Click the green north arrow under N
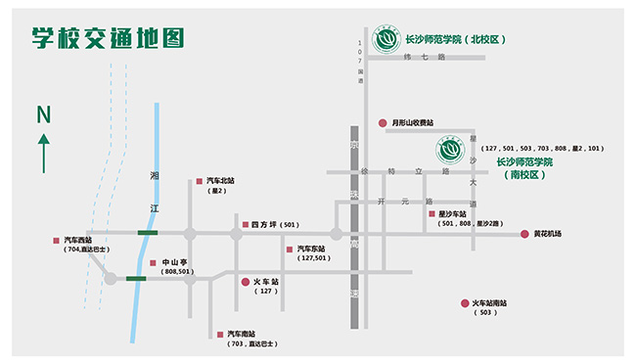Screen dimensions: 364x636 pyautogui.click(x=43, y=154)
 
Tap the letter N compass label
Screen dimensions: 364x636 pyautogui.click(x=43, y=115)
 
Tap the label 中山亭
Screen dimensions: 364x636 pyautogui.click(x=174, y=262)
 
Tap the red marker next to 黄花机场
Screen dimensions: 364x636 pyautogui.click(x=524, y=234)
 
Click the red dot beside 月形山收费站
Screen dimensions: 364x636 pyautogui.click(x=383, y=122)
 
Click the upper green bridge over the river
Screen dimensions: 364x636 pyautogui.click(x=147, y=233)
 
